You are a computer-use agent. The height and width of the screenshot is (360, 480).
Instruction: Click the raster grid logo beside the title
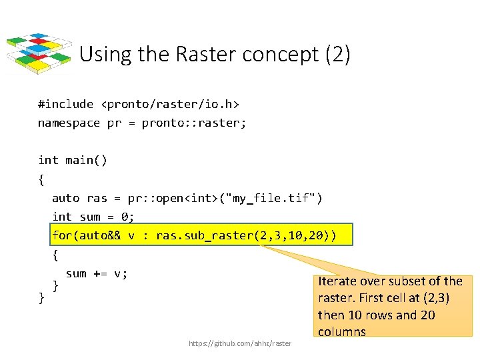point(39,53)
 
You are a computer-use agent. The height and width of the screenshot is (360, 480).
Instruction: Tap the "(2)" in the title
point(338,55)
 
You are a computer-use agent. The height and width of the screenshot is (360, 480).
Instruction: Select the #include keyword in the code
point(65,104)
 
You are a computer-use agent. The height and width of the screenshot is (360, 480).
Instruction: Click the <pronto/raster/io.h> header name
point(170,104)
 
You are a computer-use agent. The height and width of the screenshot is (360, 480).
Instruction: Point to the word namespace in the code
point(69,123)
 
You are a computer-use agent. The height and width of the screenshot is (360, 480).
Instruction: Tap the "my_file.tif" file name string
point(275,198)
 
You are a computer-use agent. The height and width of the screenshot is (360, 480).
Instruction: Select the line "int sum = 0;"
point(93,217)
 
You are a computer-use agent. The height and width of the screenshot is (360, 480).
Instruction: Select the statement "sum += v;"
point(97,273)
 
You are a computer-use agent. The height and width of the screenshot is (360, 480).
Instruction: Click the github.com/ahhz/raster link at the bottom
point(240,343)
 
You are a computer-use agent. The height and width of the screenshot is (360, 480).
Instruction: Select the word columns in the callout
point(342,331)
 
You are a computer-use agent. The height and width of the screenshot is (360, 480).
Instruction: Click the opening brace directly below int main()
point(41,179)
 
